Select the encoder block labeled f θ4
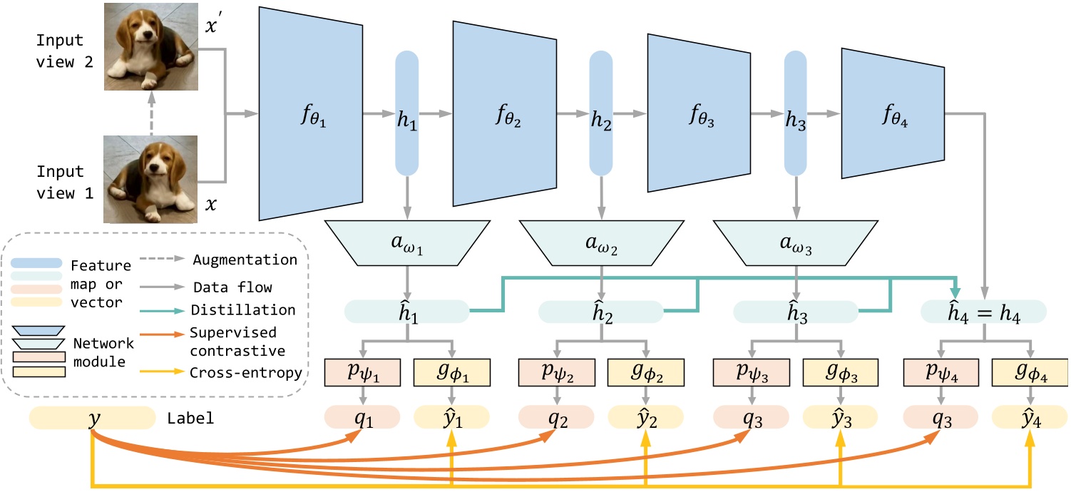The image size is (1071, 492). [893, 114]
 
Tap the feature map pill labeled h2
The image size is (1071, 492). [601, 114]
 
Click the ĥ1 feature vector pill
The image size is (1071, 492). [406, 312]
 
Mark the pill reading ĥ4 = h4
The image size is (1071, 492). [983, 312]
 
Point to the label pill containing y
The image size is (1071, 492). [93, 418]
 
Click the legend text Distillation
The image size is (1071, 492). [244, 310]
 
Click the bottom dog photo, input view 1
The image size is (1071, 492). [150, 180]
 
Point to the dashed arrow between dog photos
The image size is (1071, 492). [150, 112]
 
